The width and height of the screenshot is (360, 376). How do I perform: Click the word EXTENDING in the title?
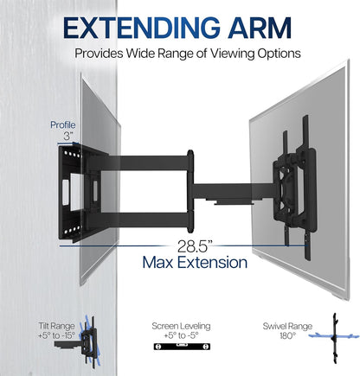[x=141, y=28]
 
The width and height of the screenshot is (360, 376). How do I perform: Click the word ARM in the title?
[x=260, y=28]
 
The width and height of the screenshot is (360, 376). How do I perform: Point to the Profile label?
[x=63, y=124]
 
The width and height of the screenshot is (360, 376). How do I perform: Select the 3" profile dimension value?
[x=67, y=136]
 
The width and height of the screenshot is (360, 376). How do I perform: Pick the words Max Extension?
[x=195, y=263]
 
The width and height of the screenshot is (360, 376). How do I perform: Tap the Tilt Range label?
[x=56, y=326]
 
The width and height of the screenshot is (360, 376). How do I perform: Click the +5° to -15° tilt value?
[x=56, y=335]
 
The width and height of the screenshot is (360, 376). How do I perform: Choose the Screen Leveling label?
[x=181, y=326]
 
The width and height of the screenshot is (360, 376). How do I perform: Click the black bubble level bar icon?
[x=182, y=347]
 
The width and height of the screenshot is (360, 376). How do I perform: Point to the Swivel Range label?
[x=287, y=326]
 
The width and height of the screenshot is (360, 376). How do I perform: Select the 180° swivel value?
[x=287, y=335]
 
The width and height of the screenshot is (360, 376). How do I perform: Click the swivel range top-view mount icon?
[x=335, y=338]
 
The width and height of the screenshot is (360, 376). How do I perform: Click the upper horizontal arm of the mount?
[x=145, y=163]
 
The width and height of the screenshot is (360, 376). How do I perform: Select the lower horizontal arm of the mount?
[x=145, y=220]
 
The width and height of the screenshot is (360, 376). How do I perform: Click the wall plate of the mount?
[x=72, y=193]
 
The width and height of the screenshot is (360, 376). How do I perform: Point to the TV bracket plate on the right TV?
[x=294, y=188]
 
